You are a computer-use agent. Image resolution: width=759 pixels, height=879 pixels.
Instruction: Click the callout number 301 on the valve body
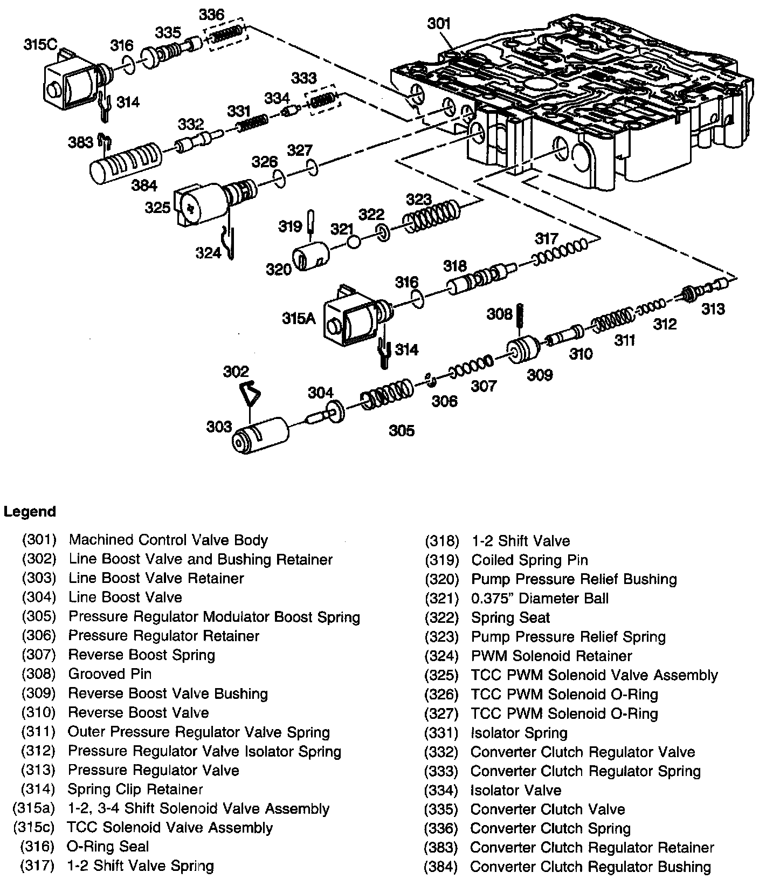[439, 24]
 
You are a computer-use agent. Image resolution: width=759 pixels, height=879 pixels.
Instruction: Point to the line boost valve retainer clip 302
[249, 394]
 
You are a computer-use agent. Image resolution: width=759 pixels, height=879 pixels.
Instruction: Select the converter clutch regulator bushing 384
[125, 161]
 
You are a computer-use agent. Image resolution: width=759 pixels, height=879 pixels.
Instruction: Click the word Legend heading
[30, 511]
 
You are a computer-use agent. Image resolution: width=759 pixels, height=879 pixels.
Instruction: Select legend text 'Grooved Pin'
[110, 674]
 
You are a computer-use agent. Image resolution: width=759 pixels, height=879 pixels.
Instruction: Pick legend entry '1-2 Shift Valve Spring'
[140, 866]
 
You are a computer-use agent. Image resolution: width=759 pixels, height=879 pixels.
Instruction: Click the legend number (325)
[441, 675]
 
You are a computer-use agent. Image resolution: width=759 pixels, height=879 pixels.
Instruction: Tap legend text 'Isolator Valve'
[516, 790]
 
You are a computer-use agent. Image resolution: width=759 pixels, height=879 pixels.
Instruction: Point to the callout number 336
[211, 15]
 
